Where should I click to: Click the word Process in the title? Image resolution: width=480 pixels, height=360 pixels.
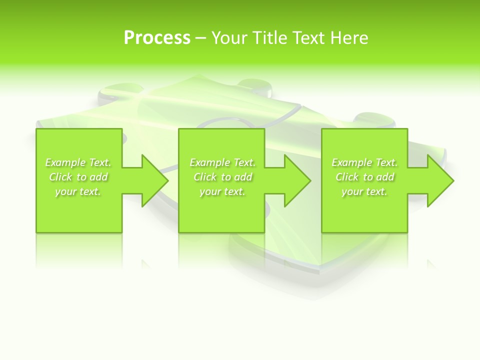(x=157, y=38)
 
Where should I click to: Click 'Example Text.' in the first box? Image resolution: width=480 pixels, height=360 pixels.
(x=78, y=162)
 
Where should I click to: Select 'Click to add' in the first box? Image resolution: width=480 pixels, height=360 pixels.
(x=78, y=177)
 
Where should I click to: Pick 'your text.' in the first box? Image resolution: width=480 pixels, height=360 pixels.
(x=78, y=191)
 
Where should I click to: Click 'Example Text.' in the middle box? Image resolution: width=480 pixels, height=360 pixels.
(x=222, y=162)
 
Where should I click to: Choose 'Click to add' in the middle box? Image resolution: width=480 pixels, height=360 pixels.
(x=222, y=177)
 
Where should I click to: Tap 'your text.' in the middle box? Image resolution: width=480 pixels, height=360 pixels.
(x=222, y=191)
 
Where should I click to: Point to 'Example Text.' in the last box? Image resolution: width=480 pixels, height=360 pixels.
(x=364, y=162)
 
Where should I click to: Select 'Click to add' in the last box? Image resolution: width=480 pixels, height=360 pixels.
(x=364, y=177)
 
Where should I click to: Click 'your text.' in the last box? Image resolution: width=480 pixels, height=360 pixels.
(x=364, y=191)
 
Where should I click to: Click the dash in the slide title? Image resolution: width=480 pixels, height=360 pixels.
(x=201, y=38)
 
